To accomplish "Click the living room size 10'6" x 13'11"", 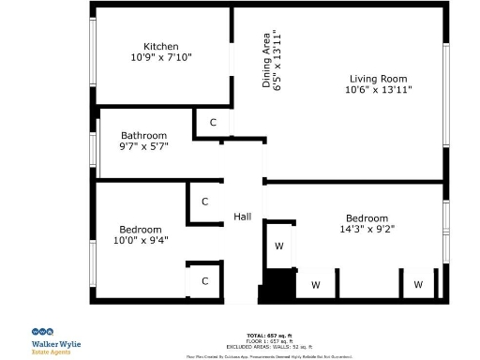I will tap(378, 90).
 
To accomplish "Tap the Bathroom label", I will tap(143, 135).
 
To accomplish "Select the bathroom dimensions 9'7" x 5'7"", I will tap(143, 147).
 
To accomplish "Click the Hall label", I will tap(242, 217).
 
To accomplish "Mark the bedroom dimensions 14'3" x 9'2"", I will tap(368, 228).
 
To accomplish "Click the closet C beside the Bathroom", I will tap(213, 123).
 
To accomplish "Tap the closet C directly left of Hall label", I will tap(204, 202).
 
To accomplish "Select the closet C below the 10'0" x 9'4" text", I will tap(204, 280).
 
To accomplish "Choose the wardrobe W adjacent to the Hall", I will tap(278, 247).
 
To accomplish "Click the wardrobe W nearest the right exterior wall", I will tap(418, 284).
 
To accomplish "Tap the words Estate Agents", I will tap(53, 352).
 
